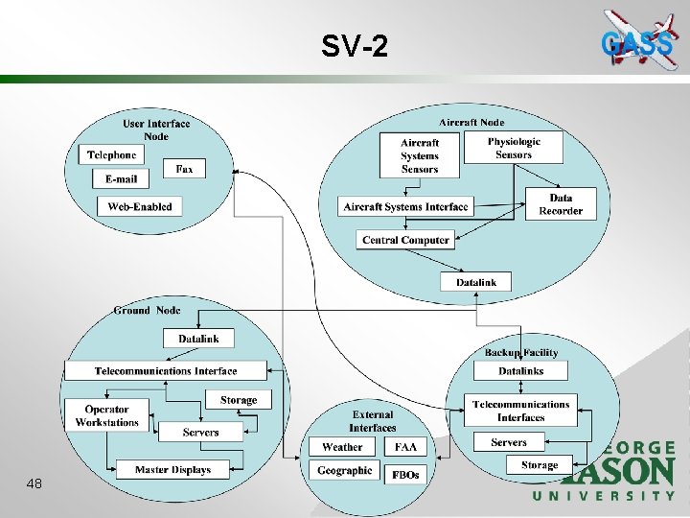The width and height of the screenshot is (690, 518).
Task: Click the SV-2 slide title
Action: tap(356, 45)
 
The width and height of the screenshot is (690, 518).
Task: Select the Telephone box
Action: tap(111, 154)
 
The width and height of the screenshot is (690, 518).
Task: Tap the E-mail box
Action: tap(121, 178)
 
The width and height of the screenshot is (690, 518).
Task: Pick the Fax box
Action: tap(184, 168)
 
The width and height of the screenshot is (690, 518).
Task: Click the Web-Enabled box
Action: tap(140, 206)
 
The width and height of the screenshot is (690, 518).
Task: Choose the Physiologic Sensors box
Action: tap(514, 148)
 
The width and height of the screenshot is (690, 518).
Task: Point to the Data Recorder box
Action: tap(561, 204)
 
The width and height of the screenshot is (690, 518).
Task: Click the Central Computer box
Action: tap(405, 240)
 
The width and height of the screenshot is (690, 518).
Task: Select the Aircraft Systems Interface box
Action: tap(406, 206)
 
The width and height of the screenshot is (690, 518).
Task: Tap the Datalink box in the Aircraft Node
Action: tap(475, 282)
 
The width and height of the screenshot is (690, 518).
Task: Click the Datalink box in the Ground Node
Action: tap(198, 339)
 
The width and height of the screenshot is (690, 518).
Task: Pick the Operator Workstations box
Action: tap(106, 416)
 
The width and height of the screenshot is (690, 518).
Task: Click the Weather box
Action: tap(342, 447)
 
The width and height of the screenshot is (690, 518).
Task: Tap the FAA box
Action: tap(405, 447)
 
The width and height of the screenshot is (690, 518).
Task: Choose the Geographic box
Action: tap(344, 471)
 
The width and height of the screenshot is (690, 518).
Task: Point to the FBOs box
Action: tap(405, 474)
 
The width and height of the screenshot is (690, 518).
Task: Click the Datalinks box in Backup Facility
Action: tap(520, 371)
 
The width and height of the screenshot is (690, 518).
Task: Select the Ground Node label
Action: tap(147, 311)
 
